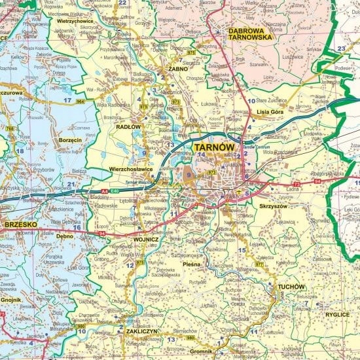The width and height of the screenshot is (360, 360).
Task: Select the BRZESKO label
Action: point(19,225)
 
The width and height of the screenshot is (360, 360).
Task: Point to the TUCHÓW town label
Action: point(291,287)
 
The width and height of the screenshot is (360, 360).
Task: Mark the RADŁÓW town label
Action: point(128,127)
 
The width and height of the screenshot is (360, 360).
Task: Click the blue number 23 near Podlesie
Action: point(340,49)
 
